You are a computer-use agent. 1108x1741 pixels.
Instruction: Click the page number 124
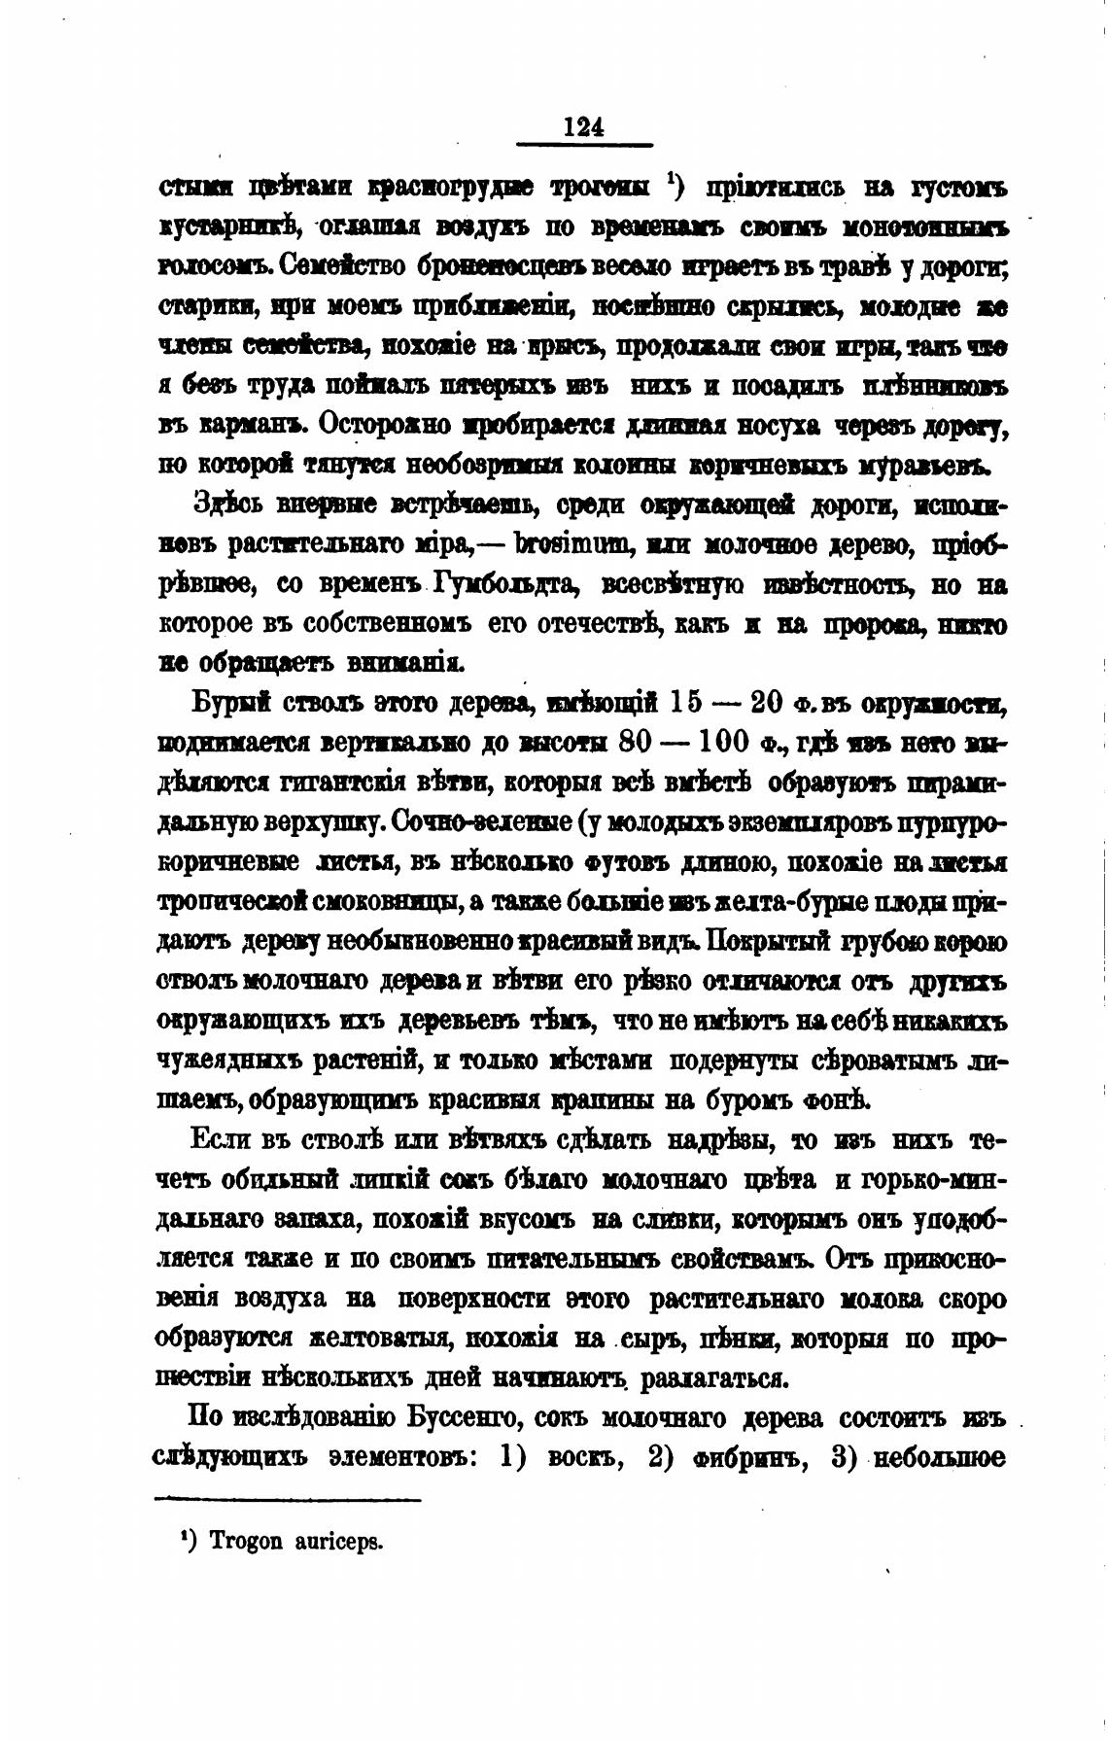(x=583, y=127)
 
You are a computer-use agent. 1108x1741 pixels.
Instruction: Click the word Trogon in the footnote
(x=244, y=1542)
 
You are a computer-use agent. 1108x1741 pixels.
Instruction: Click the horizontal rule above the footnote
(x=288, y=1501)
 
